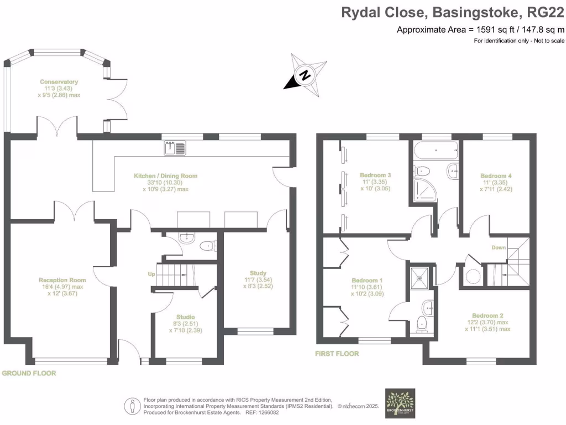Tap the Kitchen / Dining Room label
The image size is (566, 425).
click(165, 176)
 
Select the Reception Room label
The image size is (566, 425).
click(62, 279)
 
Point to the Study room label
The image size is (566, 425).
click(258, 273)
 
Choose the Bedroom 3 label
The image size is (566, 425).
click(375, 175)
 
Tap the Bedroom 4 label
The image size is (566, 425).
click(496, 175)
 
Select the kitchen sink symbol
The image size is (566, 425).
click(176, 148)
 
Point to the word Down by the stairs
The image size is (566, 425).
click(499, 247)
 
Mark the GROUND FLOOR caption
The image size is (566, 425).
click(29, 373)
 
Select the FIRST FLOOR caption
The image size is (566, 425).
click(337, 354)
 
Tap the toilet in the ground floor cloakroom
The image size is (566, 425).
click(207, 246)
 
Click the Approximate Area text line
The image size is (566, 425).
click(481, 30)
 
